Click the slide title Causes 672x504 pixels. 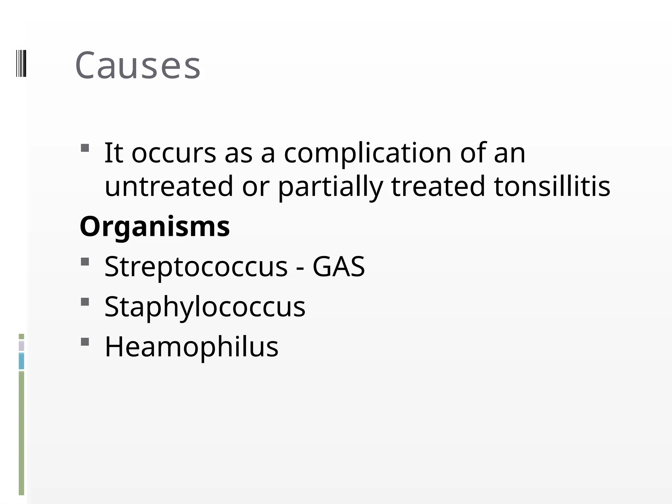point(137,66)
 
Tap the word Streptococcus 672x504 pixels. point(196,266)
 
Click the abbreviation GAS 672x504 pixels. point(338,266)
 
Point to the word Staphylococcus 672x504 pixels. point(205,307)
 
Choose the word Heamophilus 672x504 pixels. point(191,347)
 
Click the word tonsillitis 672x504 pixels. point(552,186)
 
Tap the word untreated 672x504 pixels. point(169,186)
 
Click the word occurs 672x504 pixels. point(174,154)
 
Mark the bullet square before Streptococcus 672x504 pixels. point(85,262)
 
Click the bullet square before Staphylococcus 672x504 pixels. point(85,302)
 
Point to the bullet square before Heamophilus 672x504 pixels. point(85,342)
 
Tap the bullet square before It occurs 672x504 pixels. point(85,148)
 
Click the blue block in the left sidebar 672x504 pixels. point(21,361)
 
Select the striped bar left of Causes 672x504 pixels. point(21,63)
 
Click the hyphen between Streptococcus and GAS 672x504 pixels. point(300,268)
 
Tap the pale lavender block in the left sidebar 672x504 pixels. point(21,346)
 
